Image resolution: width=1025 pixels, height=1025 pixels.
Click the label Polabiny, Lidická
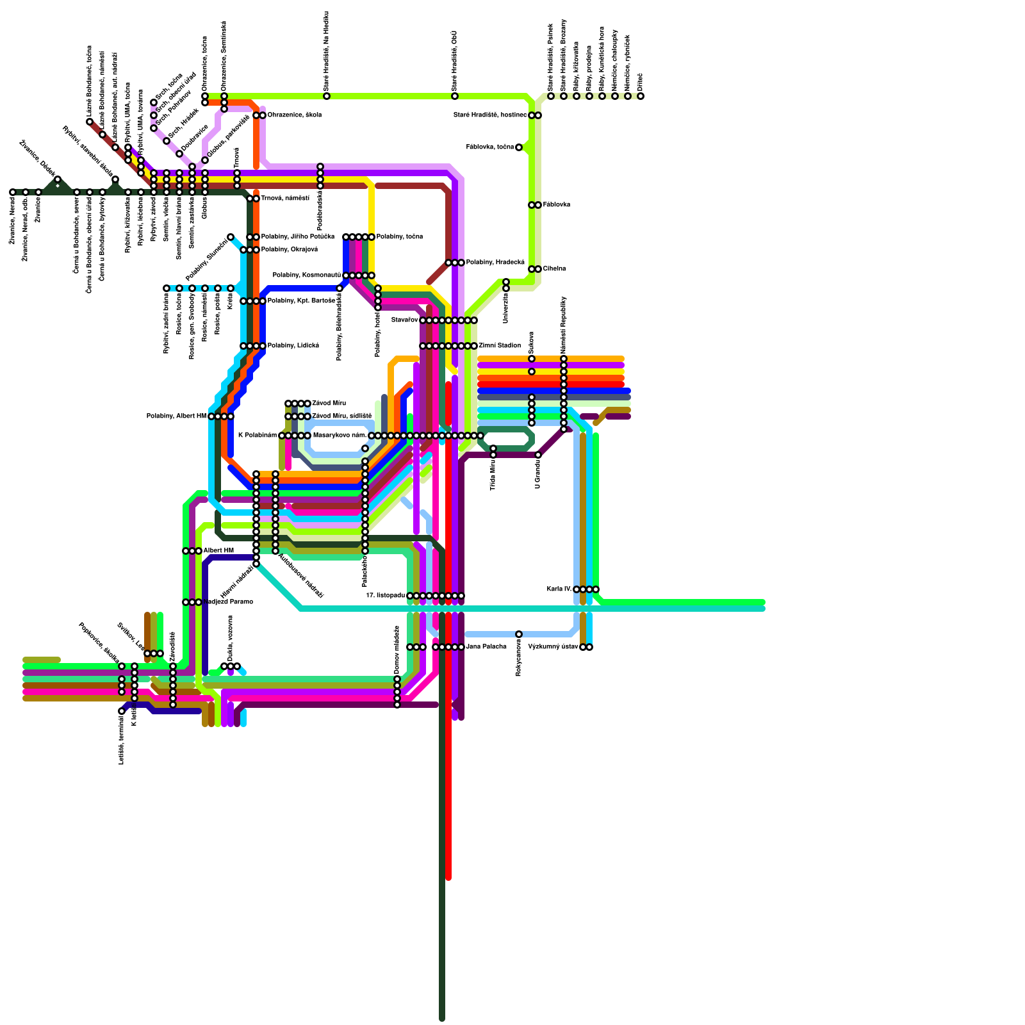pyautogui.click(x=293, y=346)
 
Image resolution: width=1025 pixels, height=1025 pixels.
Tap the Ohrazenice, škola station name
pyautogui.click(x=294, y=115)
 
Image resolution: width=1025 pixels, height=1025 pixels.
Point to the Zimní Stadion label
pyautogui.click(x=500, y=346)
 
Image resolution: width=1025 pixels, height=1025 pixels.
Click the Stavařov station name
pyautogui.click(x=405, y=320)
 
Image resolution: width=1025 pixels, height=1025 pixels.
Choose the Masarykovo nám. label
pyautogui.click(x=340, y=436)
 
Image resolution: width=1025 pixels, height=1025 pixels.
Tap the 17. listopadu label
pyautogui.click(x=386, y=596)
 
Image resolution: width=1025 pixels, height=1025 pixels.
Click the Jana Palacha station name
pyautogui.click(x=486, y=647)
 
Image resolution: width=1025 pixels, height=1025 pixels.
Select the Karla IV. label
pyautogui.click(x=559, y=589)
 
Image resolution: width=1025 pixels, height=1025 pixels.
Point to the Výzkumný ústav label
pyautogui.click(x=553, y=647)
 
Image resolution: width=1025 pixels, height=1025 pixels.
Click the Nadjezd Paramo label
pyautogui.click(x=229, y=602)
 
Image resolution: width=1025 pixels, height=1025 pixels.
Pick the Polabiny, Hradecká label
pyautogui.click(x=495, y=263)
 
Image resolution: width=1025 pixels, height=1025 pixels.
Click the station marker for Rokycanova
pyautogui.click(x=519, y=634)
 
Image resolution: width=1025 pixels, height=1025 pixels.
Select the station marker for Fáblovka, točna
pyautogui.click(x=519, y=147)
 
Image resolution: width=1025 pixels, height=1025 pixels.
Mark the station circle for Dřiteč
pyautogui.click(x=641, y=96)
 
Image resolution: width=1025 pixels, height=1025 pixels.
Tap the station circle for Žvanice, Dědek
pyautogui.click(x=58, y=179)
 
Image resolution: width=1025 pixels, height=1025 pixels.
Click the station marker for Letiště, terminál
pyautogui.click(x=122, y=711)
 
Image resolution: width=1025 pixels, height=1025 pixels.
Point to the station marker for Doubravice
pyautogui.click(x=179, y=154)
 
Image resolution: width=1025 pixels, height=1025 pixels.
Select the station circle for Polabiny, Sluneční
pyautogui.click(x=231, y=237)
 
